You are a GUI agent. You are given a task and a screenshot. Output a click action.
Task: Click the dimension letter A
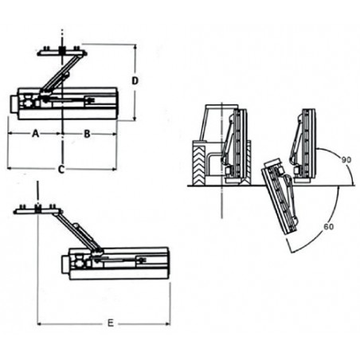point(35,134)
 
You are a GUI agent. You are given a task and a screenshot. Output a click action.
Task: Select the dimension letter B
point(87,134)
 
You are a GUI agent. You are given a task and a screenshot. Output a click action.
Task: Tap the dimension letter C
point(61,169)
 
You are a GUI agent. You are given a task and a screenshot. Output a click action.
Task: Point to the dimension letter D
point(135,80)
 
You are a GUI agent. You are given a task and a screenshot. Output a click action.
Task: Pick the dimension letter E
point(111,323)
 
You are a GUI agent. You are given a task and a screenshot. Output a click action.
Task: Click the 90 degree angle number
point(346,160)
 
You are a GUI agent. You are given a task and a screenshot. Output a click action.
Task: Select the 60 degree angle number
point(329,227)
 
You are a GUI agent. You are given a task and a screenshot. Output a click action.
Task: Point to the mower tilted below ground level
point(280,197)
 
